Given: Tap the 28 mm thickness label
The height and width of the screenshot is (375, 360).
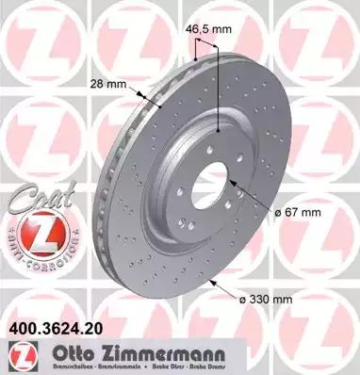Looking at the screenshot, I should coord(106,84).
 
